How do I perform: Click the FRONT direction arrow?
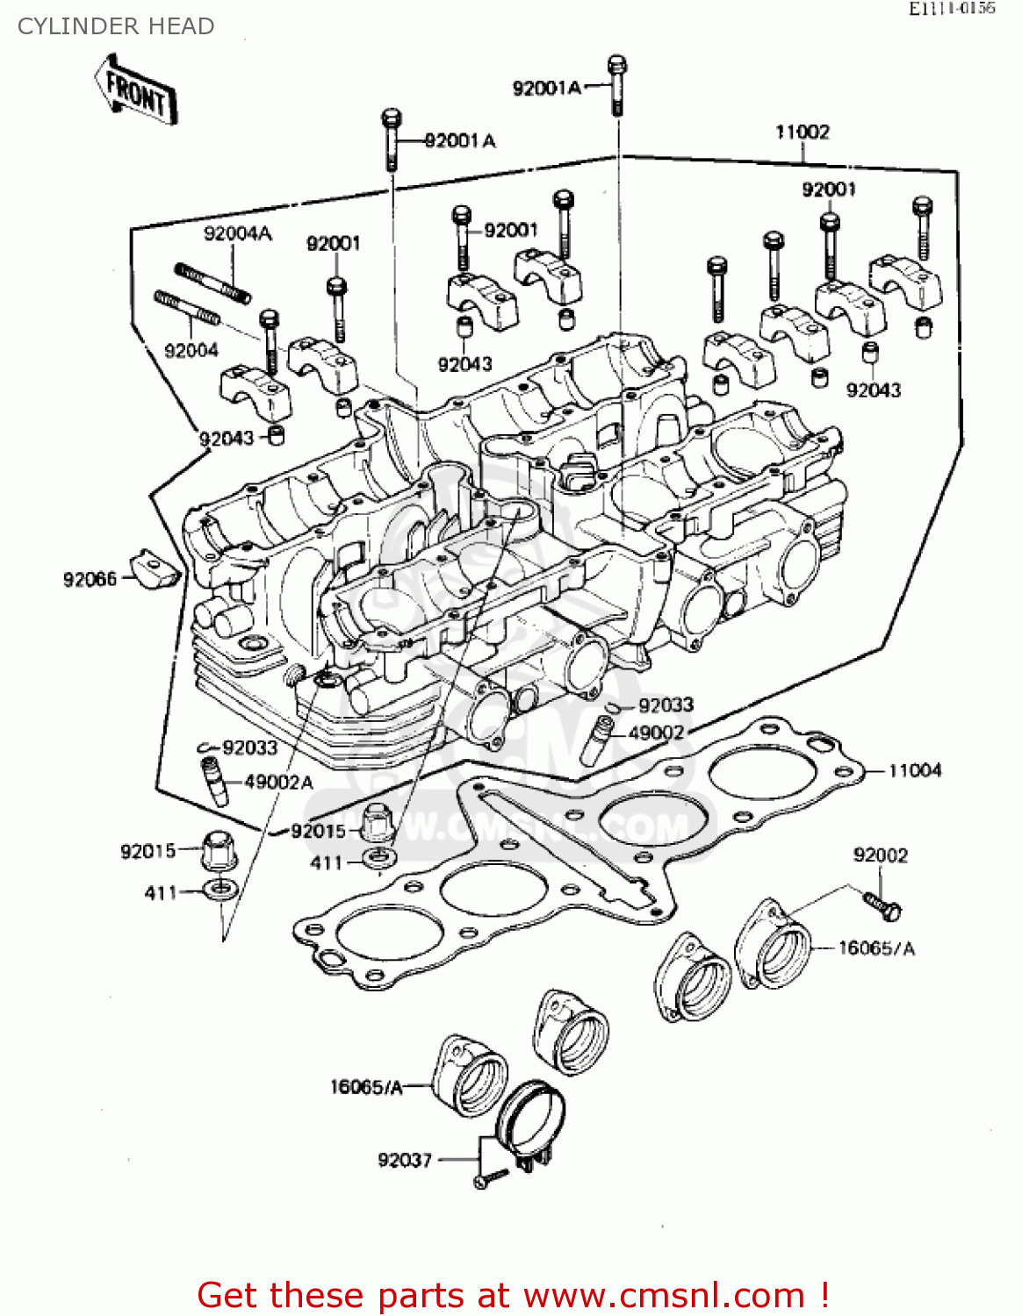coord(137,91)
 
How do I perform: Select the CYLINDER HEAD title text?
coord(116,26)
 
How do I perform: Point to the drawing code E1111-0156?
coord(951,9)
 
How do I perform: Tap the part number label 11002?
coord(802,132)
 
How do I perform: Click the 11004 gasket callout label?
coord(915,770)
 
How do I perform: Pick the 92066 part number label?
coord(90,579)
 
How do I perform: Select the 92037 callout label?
coord(405,1160)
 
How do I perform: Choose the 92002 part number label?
coord(881,855)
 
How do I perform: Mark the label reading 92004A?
coord(237,233)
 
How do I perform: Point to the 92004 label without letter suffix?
coord(191,350)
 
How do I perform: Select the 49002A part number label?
coord(278,782)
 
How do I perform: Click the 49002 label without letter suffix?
coord(656,733)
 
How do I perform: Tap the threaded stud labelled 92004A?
coord(213,282)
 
